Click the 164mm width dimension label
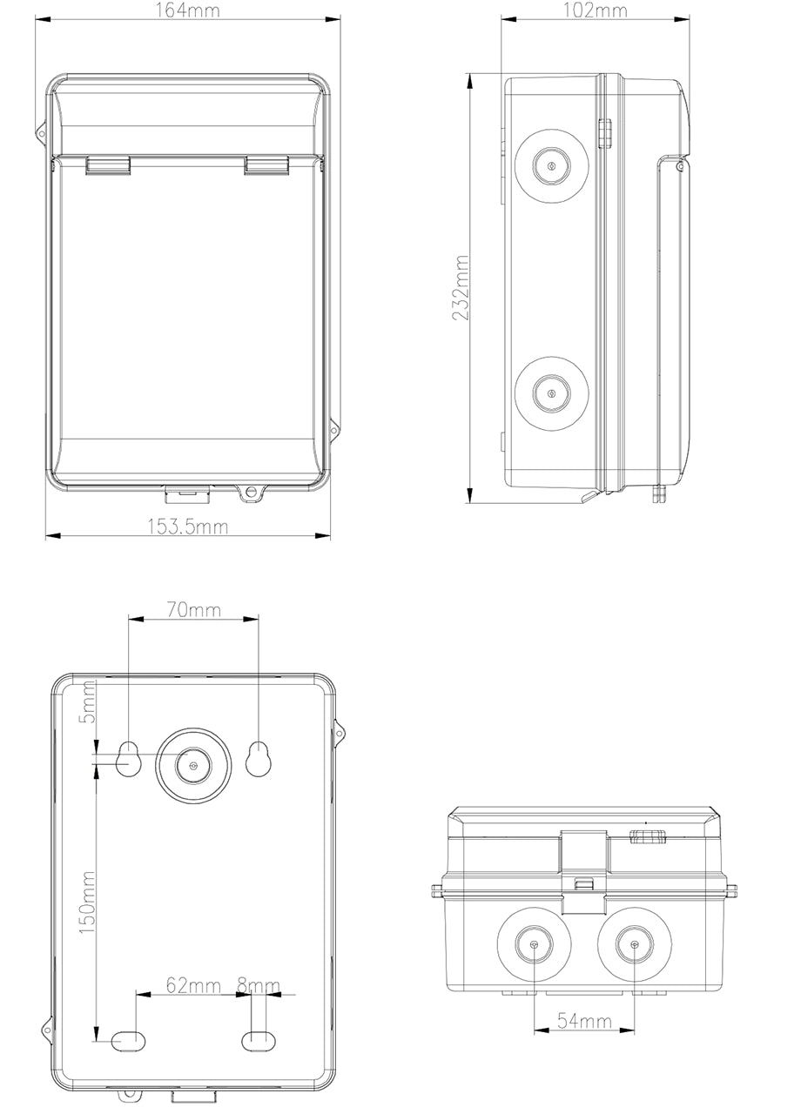(x=187, y=10)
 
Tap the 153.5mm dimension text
(x=187, y=527)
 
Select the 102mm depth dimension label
(x=595, y=10)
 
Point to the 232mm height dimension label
(x=461, y=288)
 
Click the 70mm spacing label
(x=193, y=610)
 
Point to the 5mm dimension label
(x=87, y=701)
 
